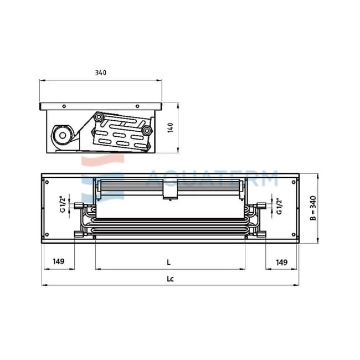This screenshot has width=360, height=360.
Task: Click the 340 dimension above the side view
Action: pos(101,73)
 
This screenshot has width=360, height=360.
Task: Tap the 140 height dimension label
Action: pos(171,127)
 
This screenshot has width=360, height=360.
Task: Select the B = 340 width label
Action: pos(313,208)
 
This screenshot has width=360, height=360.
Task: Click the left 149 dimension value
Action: pos(59,261)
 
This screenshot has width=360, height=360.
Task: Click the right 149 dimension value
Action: pos(281,262)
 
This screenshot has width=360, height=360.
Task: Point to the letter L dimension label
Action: pos(169,263)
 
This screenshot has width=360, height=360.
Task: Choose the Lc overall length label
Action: pos(170,279)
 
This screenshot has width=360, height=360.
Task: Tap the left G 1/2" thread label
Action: pos(63,204)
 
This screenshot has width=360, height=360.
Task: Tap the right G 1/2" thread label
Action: pos(279,206)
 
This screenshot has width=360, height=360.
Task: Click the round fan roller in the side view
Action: pos(63,136)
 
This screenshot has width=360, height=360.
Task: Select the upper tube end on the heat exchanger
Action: pos(99,117)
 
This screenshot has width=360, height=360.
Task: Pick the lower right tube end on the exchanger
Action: pos(146,131)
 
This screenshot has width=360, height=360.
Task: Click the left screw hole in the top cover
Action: pos(64,106)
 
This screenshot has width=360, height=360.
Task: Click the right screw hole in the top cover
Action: pos(137,106)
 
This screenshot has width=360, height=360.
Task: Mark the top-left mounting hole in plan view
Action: pos(47,182)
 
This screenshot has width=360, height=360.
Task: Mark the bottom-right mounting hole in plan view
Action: pos(294,235)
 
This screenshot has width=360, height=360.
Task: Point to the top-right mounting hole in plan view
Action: pos(294,182)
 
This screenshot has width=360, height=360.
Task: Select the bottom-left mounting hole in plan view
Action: pos(47,235)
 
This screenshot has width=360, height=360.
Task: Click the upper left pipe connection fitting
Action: pos(79,205)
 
